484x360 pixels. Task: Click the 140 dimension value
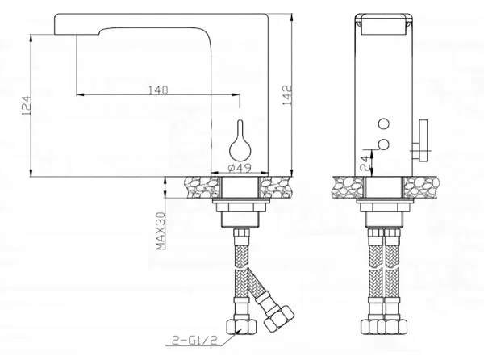tap(158, 90)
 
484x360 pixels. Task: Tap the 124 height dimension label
tap(27, 106)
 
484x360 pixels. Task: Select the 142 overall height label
tap(287, 95)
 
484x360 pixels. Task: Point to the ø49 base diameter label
tap(240, 168)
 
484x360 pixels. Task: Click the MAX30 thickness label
tap(161, 231)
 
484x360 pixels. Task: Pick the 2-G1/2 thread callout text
tap(194, 341)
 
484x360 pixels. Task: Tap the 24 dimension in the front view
tap(365, 163)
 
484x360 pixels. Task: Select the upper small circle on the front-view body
tap(384, 123)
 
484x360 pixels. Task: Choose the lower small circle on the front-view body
tap(384, 144)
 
